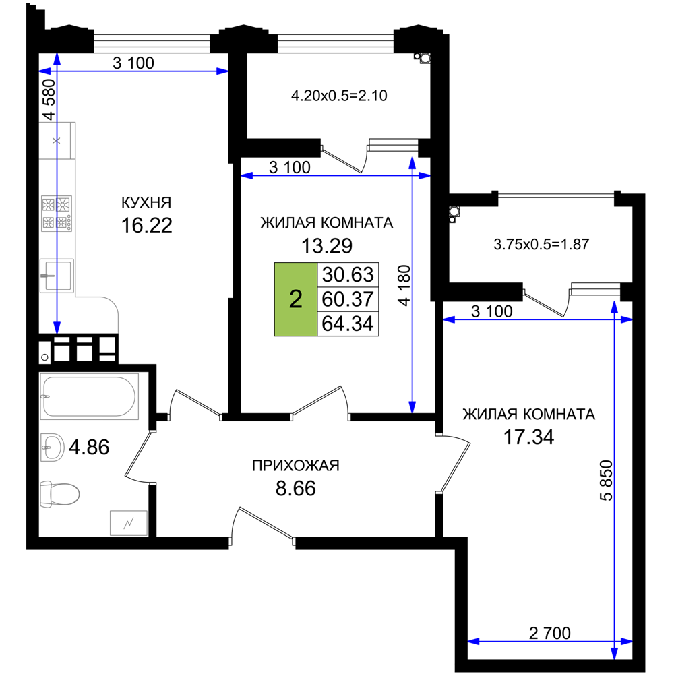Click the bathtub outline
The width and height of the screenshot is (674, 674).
pyautogui.click(x=90, y=397)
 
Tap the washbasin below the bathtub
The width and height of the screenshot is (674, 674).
pyautogui.click(x=53, y=448)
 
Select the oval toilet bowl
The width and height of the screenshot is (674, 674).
pyautogui.click(x=63, y=495)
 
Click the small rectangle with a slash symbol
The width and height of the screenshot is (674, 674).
pyautogui.click(x=128, y=522)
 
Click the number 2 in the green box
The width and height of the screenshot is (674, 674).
pyautogui.click(x=295, y=299)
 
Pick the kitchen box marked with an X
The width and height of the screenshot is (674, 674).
pyautogui.click(x=57, y=140)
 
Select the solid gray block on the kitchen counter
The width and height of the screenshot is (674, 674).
pyautogui.click(x=57, y=213)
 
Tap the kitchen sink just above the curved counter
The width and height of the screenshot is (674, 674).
pyautogui.click(x=57, y=276)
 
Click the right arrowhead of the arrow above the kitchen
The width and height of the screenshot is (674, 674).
pyautogui.click(x=222, y=71)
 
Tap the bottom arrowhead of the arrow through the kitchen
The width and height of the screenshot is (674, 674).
pyautogui.click(x=57, y=327)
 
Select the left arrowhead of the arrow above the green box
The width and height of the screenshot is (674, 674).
pyautogui.click(x=247, y=176)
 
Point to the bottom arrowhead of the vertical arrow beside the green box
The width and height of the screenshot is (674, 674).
pyautogui.click(x=412, y=406)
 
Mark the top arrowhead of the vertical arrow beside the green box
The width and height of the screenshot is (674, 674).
pyautogui.click(x=412, y=162)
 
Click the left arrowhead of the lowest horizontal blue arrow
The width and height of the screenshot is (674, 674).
pyautogui.click(x=474, y=641)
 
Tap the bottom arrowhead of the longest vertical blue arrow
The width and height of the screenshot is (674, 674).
pyautogui.click(x=615, y=652)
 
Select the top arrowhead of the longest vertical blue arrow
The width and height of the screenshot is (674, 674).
pyautogui.click(x=615, y=306)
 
